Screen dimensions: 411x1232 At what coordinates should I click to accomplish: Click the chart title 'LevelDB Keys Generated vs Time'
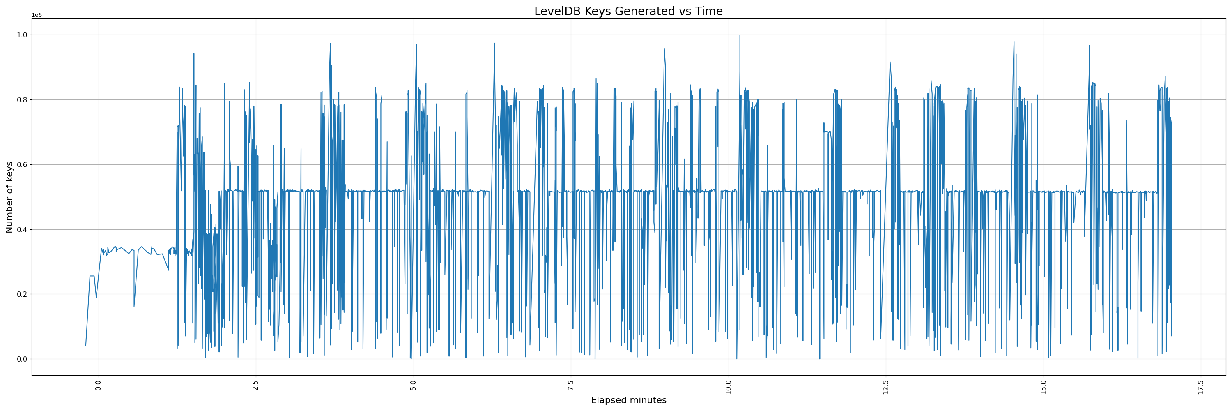pos(628,12)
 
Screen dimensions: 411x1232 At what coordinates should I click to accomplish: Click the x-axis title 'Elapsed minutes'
pos(628,400)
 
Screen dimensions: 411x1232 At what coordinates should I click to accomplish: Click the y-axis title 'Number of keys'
pos(9,197)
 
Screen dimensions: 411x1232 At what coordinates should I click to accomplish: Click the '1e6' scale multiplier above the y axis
pos(37,15)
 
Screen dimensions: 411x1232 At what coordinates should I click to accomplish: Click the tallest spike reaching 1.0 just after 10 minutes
pos(740,35)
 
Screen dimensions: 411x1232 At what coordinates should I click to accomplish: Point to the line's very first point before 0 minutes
pos(85,346)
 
